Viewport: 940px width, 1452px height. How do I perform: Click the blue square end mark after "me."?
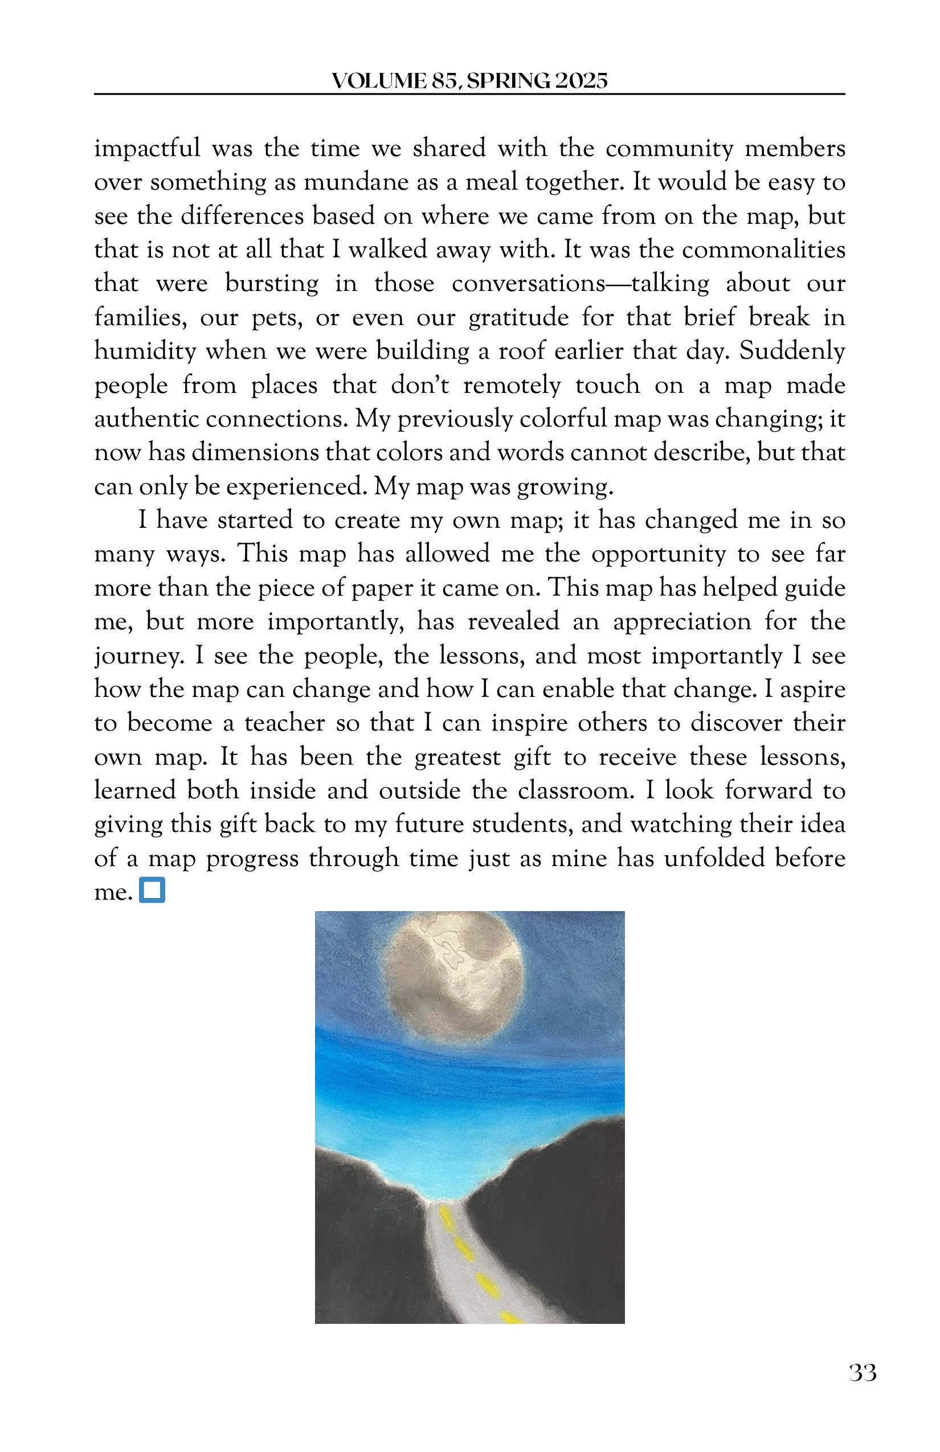point(152,891)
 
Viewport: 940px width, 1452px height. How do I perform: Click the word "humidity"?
point(145,352)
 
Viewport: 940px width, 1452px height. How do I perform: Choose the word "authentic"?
point(145,420)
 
